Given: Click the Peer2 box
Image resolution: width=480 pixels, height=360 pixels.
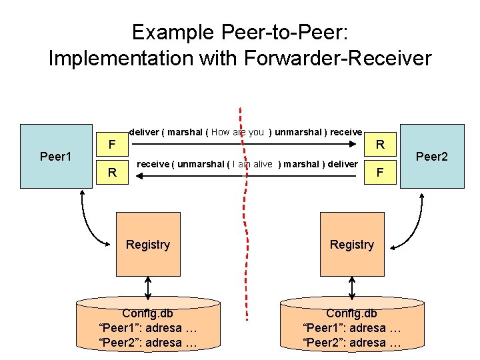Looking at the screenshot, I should coord(431,156).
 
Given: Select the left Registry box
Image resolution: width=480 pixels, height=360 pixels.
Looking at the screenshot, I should coord(148,244).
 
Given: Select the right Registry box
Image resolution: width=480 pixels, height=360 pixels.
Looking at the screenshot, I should coord(352,244).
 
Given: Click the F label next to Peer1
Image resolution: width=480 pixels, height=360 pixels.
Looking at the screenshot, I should coord(113,144).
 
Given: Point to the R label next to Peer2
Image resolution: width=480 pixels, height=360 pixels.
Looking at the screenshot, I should coord(379,144).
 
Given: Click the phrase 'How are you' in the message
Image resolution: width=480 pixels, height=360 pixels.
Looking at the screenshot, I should coord(238,132).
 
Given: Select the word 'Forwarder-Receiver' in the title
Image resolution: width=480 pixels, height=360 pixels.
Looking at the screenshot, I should coord(338,58).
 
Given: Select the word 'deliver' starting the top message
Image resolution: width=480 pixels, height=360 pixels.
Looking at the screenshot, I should coord(144,132).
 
